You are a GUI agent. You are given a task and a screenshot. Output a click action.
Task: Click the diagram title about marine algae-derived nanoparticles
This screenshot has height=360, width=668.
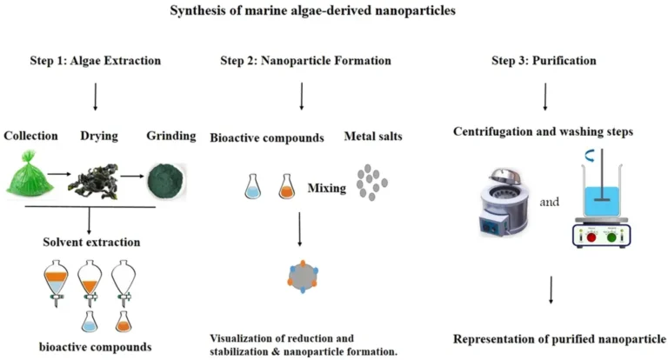pyautogui.click(x=334, y=11)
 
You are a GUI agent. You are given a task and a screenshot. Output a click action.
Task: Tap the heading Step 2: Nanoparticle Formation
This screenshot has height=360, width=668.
pyautogui.click(x=304, y=61)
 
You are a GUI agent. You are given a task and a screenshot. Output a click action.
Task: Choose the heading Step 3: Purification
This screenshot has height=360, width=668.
pyautogui.click(x=545, y=61)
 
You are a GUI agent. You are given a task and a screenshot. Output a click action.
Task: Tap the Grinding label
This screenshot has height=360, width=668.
pyautogui.click(x=165, y=137)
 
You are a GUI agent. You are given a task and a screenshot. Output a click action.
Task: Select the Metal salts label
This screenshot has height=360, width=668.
pyautogui.click(x=372, y=137)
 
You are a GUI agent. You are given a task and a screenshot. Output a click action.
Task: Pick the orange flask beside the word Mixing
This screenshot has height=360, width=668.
pyautogui.click(x=285, y=187)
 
